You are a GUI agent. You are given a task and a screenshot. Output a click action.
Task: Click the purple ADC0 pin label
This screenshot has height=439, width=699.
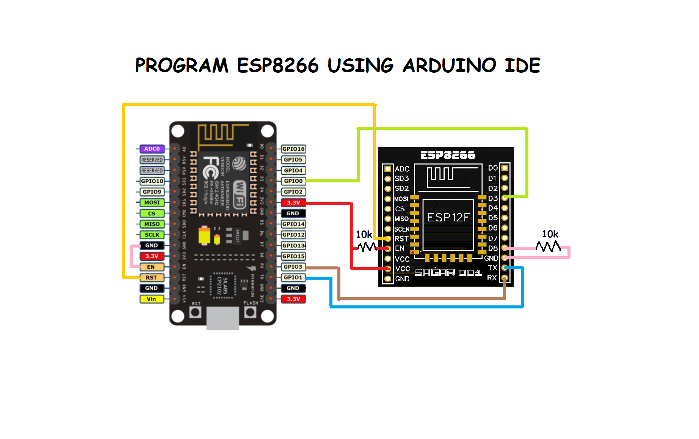152,149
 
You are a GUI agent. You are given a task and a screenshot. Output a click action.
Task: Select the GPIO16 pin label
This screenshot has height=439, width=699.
293,149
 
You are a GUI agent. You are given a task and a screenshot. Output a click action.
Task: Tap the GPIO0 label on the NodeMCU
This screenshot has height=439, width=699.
293,181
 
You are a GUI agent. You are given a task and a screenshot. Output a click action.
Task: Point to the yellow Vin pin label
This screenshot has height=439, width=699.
151,299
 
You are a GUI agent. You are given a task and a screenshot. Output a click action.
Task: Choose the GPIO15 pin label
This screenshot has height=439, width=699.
293,256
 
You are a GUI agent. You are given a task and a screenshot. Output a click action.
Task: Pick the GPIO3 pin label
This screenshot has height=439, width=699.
293,267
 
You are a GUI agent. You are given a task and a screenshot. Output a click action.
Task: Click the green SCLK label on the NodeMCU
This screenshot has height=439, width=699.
152,235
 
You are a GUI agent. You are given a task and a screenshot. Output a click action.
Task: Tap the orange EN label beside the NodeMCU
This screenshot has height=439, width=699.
151,267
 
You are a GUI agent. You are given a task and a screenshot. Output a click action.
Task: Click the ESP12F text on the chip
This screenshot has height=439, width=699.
448,217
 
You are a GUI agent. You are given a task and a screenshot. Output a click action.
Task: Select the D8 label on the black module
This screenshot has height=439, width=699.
492,248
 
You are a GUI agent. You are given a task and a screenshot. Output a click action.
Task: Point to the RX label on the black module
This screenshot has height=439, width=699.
492,278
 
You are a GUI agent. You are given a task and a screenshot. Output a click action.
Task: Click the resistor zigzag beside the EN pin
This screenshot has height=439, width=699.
367,247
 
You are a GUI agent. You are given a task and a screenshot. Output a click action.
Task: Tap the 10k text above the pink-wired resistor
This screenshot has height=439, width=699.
550,234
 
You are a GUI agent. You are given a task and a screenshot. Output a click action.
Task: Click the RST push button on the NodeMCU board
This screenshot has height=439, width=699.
195,313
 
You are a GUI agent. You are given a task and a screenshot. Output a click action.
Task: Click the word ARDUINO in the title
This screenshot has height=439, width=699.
449,65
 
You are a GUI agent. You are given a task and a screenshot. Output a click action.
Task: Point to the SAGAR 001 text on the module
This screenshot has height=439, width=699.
448,272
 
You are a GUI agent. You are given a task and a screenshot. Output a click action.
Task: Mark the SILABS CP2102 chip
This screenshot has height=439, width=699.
223,285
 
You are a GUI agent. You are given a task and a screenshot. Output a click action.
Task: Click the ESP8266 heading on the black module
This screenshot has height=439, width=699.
448,155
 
